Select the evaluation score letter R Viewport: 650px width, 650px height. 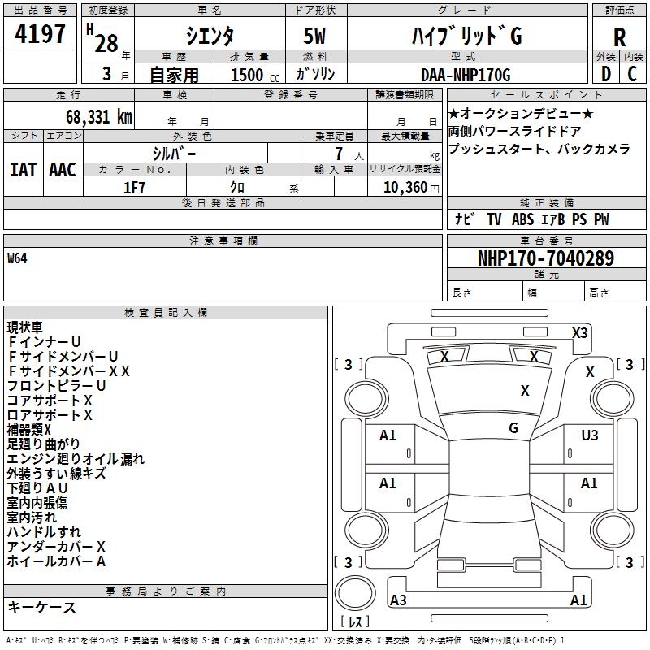click(619, 37)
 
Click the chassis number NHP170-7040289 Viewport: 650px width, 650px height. click(545, 258)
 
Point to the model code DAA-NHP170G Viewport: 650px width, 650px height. click(465, 75)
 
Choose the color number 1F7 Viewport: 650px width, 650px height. click(135, 186)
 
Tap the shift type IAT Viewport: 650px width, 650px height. click(24, 169)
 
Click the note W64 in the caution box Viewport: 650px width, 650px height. click(17, 259)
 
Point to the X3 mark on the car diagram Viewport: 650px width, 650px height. click(579, 332)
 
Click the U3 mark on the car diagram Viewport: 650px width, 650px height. click(589, 435)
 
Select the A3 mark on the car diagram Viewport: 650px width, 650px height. click(398, 600)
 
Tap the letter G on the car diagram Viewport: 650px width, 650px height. click(513, 427)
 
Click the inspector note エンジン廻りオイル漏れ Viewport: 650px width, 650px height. click(76, 459)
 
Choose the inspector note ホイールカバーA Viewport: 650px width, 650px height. click(57, 561)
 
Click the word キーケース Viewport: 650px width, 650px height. click(41, 608)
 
